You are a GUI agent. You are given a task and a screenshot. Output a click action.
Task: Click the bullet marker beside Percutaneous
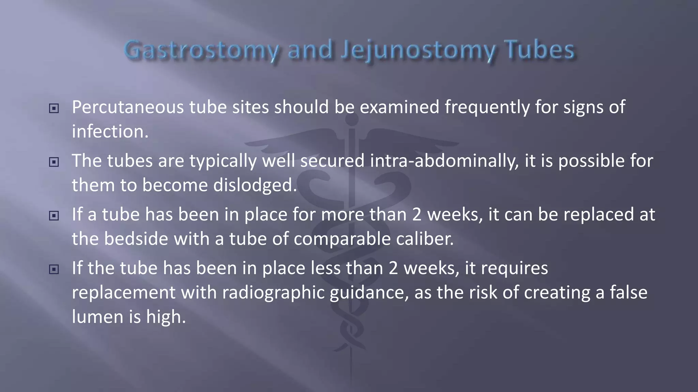[x=54, y=109]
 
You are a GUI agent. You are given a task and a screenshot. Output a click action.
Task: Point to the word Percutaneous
[x=128, y=107]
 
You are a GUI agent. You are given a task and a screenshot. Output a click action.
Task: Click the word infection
[x=110, y=132]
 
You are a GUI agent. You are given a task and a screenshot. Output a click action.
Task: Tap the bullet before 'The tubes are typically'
[x=54, y=162]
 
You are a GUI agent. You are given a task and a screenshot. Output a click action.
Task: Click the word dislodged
[x=255, y=185]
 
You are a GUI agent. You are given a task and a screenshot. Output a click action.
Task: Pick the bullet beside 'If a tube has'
[x=54, y=216]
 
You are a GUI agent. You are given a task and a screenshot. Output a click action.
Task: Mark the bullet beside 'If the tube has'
[x=54, y=269]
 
